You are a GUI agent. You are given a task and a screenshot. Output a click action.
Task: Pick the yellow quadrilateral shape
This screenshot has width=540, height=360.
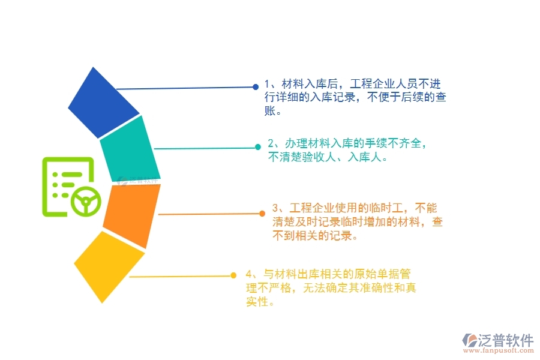pos(109,265)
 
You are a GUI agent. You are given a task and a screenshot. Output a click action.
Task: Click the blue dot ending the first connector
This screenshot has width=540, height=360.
pos(255,87)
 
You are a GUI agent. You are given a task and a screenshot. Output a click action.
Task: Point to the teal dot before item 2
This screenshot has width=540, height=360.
pos(257,146)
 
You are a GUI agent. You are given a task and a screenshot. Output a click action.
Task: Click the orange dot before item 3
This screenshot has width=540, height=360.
pos(262,213)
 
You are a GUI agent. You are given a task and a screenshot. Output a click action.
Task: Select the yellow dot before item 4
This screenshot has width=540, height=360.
pos(233,275)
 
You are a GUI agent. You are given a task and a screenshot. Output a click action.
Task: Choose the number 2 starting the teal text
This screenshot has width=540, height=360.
pos(271,143)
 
